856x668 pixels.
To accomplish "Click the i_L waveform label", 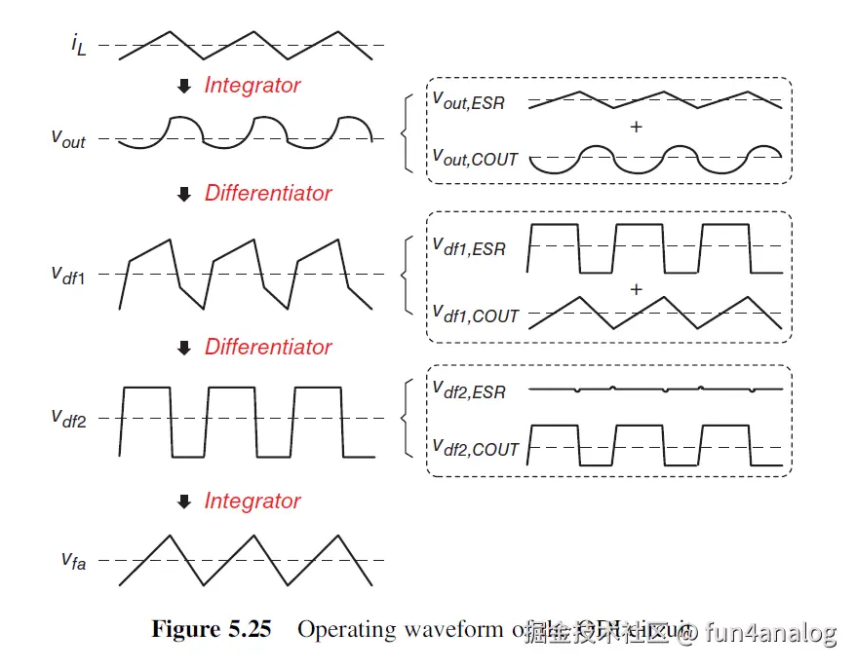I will pos(78,46).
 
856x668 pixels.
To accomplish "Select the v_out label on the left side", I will pos(68,139).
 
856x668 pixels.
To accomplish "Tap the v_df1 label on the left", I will pos(68,275).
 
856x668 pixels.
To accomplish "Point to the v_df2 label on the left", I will pos(68,419).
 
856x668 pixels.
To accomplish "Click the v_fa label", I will pos(72,560).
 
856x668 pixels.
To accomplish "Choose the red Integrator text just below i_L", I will pos(253,86).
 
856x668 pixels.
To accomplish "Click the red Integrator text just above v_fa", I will pos(253,501).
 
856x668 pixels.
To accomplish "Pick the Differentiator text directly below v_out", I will pos(268,193).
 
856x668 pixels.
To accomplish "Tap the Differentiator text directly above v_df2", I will pos(268,347).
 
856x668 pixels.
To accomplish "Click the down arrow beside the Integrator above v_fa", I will pos(183,502).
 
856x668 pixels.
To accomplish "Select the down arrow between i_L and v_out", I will pos(183,87).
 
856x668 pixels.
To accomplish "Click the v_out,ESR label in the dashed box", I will pos(469,100).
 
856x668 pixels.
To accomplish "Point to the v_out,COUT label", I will pos(475,158).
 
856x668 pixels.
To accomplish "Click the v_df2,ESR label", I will pos(469,390).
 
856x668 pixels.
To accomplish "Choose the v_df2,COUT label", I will pos(476,448).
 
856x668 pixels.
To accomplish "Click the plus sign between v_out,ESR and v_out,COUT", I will pos(637,127).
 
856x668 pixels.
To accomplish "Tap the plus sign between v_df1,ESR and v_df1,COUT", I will pos(637,289).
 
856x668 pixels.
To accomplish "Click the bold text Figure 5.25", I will pos(211,629).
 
